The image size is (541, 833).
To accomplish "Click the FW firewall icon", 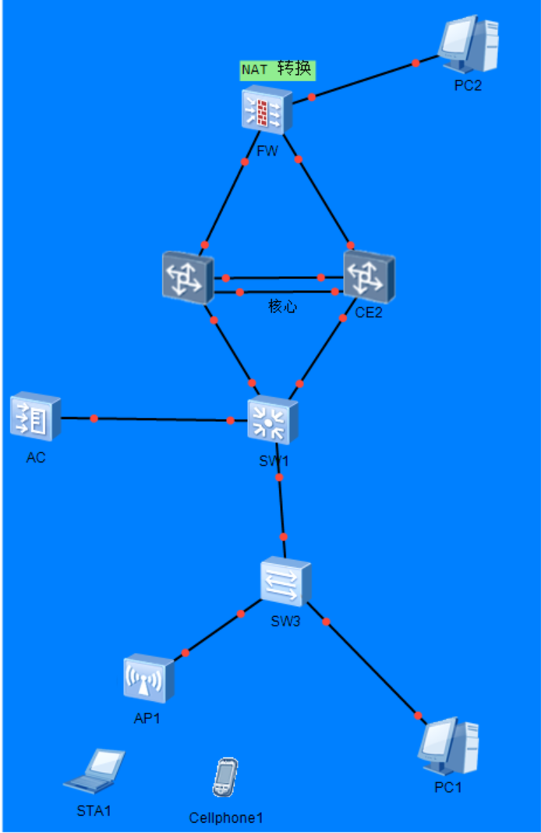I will [266, 110].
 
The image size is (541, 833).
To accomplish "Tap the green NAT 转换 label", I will [278, 70].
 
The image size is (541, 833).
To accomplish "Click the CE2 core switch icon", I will [369, 276].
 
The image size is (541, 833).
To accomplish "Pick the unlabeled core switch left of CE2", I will [187, 276].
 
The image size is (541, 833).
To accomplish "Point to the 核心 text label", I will [282, 307].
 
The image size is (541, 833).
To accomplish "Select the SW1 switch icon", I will [272, 422].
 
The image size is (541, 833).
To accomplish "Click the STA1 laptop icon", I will [95, 771].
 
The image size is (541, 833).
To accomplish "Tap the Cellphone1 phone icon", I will [225, 778].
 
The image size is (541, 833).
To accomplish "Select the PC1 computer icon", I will [448, 747].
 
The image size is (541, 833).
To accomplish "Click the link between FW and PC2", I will [363, 79].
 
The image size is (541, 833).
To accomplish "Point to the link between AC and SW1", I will [156, 420].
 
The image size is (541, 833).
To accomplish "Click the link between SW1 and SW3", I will [281, 507].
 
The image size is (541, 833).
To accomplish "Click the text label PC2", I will [468, 86].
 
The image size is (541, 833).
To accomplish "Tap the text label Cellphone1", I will [226, 817].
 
